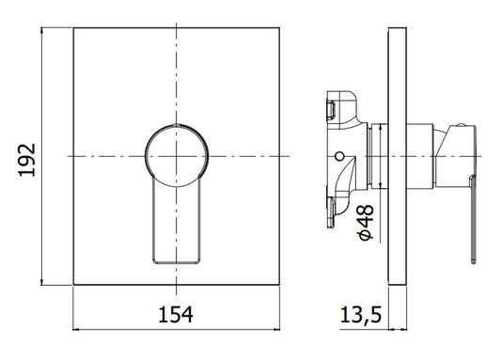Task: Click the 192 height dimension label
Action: tap(27, 160)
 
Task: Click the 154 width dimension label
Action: tap(176, 315)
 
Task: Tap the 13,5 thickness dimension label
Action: tap(361, 315)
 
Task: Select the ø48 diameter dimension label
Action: tap(366, 223)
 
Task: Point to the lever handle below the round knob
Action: tap(177, 224)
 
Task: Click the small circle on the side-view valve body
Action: tap(339, 156)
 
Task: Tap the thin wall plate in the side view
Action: tap(398, 156)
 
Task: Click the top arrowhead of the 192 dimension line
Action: tap(42, 31)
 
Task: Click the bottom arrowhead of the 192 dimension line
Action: tap(42, 281)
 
